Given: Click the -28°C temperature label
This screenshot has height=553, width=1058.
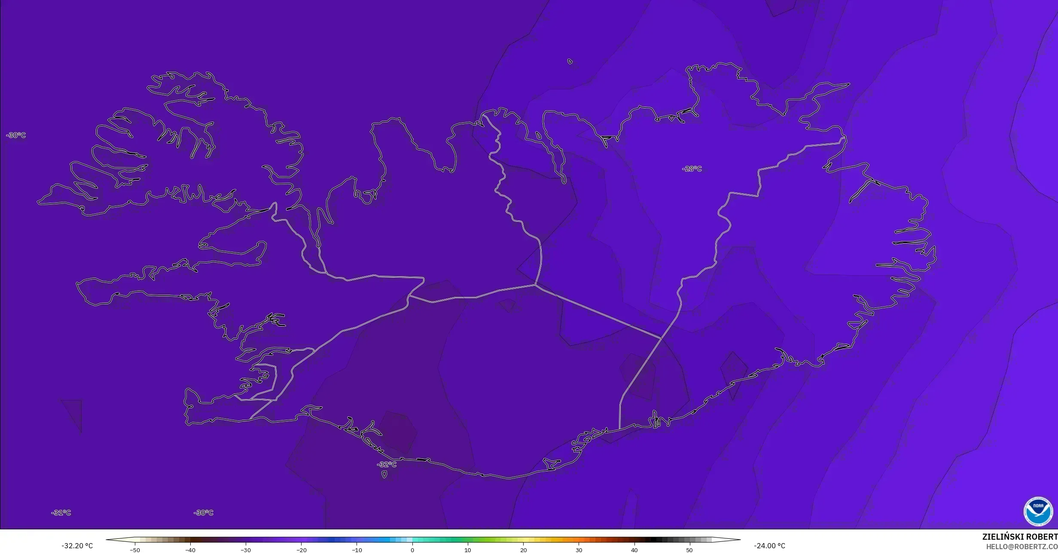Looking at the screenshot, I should coord(692,169).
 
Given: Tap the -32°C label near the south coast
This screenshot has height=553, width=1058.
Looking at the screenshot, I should coord(387,464).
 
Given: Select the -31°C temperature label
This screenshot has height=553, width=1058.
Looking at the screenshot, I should coord(61,513).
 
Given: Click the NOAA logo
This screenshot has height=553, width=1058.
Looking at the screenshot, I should coord(1038,511).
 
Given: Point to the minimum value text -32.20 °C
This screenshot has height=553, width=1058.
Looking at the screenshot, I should coord(77,546).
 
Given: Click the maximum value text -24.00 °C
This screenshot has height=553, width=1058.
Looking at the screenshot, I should coord(769,546).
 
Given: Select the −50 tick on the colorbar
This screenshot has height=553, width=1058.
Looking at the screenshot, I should coord(135,550).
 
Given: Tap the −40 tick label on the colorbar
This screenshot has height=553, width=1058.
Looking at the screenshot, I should coord(190,550).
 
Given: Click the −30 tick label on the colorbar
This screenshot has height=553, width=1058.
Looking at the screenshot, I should coord(246,550).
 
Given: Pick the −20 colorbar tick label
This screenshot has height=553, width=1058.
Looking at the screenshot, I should coord(301,550).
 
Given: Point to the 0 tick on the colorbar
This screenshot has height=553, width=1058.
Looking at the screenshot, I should coord(412,550).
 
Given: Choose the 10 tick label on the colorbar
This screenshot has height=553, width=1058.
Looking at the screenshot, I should coord(468,550).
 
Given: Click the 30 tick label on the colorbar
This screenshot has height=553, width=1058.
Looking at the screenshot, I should coord(579,550).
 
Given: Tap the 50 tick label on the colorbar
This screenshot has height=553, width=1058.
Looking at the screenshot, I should coord(689,550).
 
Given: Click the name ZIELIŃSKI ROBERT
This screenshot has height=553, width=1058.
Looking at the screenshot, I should coord(1020,537).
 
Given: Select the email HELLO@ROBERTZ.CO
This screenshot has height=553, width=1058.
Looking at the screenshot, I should coord(1021,547).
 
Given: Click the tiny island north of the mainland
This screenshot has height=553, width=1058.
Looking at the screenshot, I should coord(570,61).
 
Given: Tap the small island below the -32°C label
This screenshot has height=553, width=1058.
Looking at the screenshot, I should coord(384,474).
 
